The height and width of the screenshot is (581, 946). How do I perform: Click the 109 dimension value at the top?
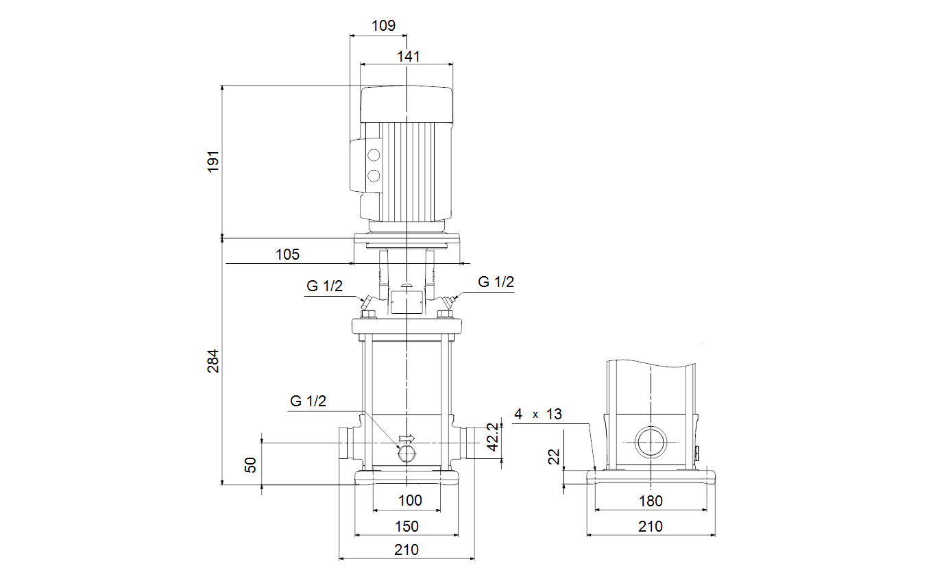(x=383, y=26)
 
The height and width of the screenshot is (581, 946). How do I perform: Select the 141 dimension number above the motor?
(x=409, y=57)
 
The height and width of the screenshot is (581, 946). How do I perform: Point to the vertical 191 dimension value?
(x=213, y=161)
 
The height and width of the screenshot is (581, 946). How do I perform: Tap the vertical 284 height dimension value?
(x=213, y=361)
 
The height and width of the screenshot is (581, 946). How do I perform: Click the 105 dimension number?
(x=287, y=255)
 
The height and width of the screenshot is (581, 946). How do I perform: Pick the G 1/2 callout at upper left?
(x=324, y=286)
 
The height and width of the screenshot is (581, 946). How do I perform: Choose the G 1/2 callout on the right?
(x=496, y=282)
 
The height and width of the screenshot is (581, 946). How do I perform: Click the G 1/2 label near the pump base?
(x=308, y=401)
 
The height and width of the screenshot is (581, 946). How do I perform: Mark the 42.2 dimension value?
(x=493, y=437)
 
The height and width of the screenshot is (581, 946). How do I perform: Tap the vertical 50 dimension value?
(x=250, y=465)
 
